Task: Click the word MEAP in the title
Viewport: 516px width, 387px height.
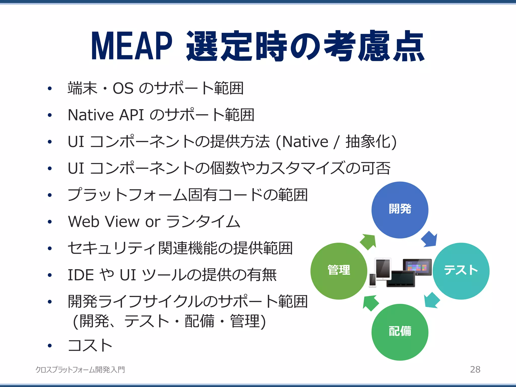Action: click(132, 46)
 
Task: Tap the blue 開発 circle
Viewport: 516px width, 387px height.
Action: click(400, 210)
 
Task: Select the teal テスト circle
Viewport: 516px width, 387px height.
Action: click(461, 271)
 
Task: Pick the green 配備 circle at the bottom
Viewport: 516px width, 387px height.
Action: click(400, 332)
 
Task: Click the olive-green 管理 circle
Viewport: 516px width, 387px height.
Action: click(339, 271)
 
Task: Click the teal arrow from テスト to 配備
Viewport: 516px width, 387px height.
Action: click(432, 300)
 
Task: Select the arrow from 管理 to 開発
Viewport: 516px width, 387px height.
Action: click(368, 242)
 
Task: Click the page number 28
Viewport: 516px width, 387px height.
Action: click(475, 369)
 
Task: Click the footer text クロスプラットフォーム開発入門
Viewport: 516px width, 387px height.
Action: click(80, 370)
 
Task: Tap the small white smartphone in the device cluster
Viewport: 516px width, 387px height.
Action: click(372, 280)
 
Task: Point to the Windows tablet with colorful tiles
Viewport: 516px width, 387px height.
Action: click(417, 267)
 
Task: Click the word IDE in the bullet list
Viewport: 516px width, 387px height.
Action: click(80, 275)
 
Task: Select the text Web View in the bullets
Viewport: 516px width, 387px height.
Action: click(104, 222)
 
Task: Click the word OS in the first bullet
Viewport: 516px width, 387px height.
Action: click(123, 88)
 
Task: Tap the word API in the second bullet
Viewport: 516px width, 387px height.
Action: click(131, 115)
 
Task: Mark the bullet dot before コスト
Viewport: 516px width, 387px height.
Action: click(50, 345)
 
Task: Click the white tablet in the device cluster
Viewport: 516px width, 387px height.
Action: click(383, 268)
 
